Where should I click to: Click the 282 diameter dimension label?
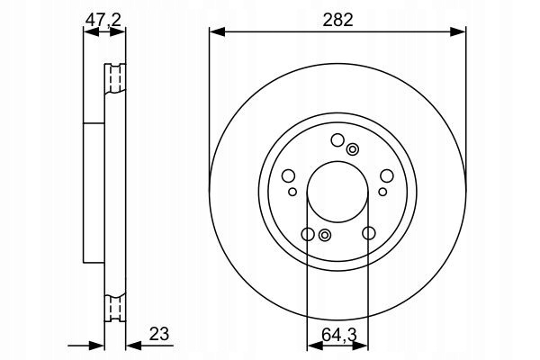point(337,20)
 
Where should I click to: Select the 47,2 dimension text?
point(103,20)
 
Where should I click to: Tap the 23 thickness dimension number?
point(159,334)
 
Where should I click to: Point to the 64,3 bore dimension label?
point(339,335)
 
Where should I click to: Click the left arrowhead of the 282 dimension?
point(217,32)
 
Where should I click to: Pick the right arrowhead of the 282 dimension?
point(458,32)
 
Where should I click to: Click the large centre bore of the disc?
point(337,191)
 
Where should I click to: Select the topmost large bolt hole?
point(337,139)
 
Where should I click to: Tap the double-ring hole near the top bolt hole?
point(352,149)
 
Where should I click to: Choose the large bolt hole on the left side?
point(288,175)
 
